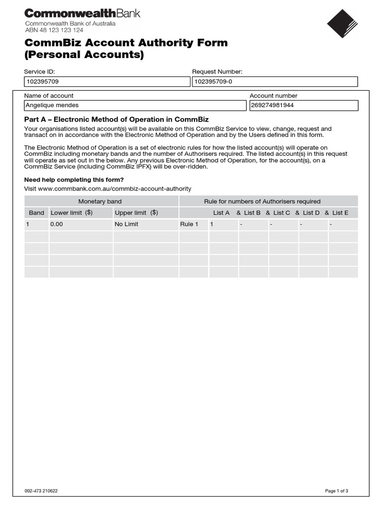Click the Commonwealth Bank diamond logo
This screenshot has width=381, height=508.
(x=342, y=24)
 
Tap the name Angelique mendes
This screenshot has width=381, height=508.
(x=52, y=105)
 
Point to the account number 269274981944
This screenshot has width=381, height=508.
(x=273, y=105)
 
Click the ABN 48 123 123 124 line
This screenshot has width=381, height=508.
(x=54, y=30)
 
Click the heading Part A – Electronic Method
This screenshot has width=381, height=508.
(x=117, y=120)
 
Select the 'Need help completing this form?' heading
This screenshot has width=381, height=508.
(x=74, y=180)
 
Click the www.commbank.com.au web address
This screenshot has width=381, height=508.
(x=108, y=189)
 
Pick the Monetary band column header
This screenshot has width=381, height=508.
(x=100, y=201)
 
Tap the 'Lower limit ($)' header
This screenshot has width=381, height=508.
(x=71, y=213)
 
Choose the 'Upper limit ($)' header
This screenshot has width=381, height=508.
(x=136, y=213)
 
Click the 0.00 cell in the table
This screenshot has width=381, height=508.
(x=57, y=224)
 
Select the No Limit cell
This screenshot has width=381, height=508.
(x=126, y=224)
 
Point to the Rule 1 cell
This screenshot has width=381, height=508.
(x=189, y=224)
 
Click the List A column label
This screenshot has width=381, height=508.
(x=221, y=213)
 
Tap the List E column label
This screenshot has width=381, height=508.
(x=340, y=213)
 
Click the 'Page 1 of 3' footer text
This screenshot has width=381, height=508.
(x=336, y=491)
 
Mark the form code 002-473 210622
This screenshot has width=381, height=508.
(x=44, y=491)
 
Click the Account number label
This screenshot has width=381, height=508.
(x=273, y=96)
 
